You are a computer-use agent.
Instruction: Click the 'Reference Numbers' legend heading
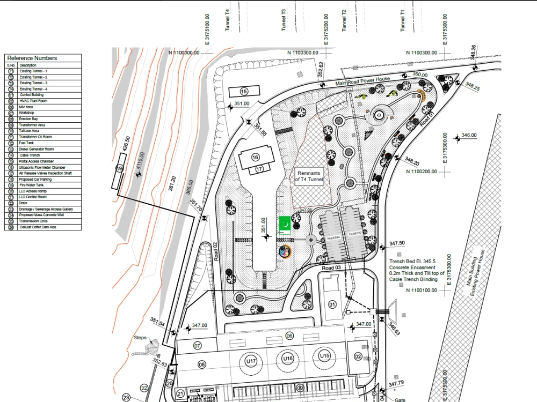pos(32,58)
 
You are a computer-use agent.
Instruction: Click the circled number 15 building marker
pos(244,91)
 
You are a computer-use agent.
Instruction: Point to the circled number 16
pos(255,157)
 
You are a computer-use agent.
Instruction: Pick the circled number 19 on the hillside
pos(119,168)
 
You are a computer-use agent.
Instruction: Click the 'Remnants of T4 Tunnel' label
pos(309,177)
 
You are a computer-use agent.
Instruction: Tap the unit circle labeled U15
pos(324,356)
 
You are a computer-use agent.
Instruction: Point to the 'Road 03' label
pos(332,267)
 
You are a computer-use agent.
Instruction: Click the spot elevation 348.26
pos(473,53)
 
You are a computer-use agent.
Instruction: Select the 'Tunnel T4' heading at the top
pos(228,20)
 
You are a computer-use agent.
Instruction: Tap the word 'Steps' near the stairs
pos(141,338)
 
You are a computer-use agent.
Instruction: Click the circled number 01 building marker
pos(332,305)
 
